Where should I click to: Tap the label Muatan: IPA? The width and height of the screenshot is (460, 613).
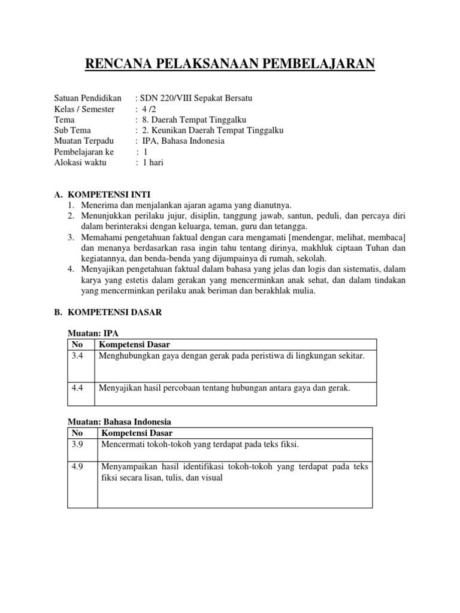pos(92,333)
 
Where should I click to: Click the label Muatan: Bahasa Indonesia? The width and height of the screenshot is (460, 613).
pos(117,422)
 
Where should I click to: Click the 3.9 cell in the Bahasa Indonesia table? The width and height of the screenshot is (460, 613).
pos(78,444)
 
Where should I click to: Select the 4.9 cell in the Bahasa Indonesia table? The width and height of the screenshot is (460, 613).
pos(78,466)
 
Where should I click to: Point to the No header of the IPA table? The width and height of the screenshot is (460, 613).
pos(76,344)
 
